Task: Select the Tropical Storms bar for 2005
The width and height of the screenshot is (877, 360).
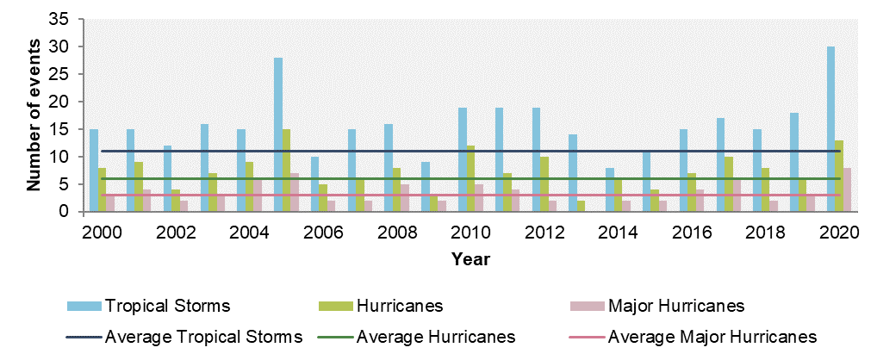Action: coord(278,134)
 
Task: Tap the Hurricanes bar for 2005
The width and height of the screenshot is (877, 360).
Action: coord(286,171)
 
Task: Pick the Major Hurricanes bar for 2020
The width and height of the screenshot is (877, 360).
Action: coord(846,189)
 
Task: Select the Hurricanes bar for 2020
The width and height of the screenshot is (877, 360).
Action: coord(838,176)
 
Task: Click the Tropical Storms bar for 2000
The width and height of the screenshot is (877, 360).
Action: coord(94,171)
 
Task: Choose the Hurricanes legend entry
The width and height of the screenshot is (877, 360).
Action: coord(399,307)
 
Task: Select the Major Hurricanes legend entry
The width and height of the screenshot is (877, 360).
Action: coord(675,307)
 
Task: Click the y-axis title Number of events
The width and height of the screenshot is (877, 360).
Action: coord(34,115)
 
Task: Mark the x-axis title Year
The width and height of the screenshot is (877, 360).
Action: coord(470,257)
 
